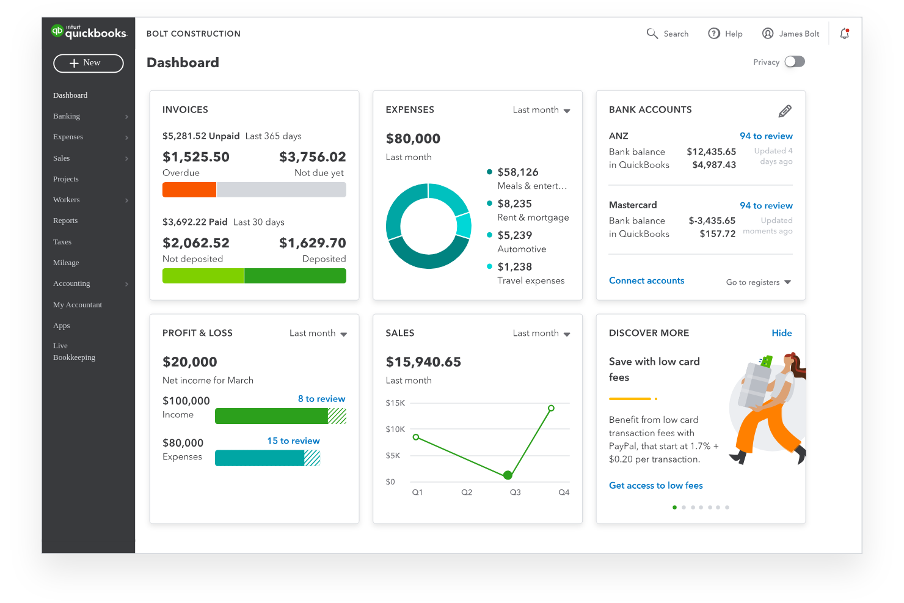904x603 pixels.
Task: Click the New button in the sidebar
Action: click(x=89, y=63)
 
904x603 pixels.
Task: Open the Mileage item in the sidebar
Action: click(x=66, y=263)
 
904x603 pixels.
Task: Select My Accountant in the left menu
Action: click(x=78, y=305)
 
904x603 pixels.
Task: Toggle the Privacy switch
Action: click(x=794, y=62)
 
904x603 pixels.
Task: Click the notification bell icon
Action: click(x=844, y=34)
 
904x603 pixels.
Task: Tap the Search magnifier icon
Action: click(x=652, y=34)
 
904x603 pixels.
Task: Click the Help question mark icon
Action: click(x=713, y=34)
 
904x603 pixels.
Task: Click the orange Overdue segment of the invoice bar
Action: click(x=189, y=190)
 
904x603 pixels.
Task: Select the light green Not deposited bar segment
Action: click(x=203, y=276)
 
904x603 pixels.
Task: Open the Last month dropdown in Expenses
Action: click(x=541, y=110)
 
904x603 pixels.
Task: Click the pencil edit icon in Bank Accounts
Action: click(x=785, y=111)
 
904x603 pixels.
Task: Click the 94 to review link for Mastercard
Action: click(x=766, y=206)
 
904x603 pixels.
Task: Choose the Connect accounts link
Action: click(x=646, y=281)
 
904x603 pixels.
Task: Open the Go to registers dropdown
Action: click(x=758, y=282)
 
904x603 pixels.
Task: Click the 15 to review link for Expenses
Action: click(x=293, y=441)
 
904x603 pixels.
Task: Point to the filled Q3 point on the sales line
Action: click(x=508, y=475)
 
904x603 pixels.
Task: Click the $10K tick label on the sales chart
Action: click(x=395, y=429)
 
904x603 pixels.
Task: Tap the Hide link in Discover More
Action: click(x=781, y=333)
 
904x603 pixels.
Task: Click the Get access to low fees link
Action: click(x=655, y=486)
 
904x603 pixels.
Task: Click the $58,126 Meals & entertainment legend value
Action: click(x=517, y=172)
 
